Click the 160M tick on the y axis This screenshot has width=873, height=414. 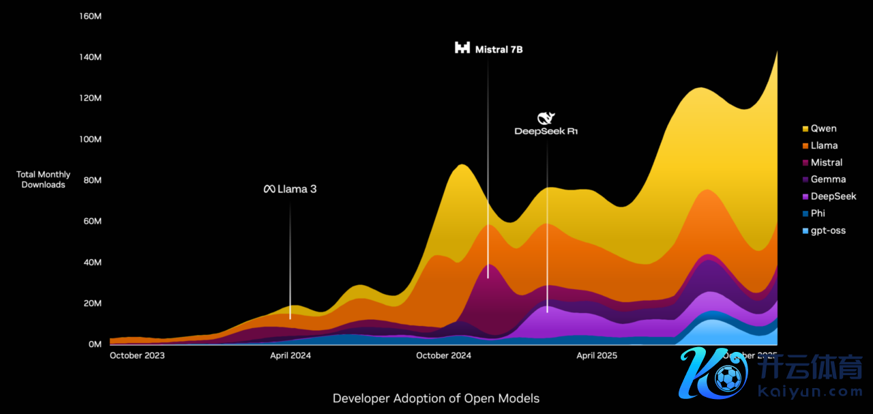click(x=91, y=16)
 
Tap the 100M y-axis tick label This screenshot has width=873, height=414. click(x=91, y=139)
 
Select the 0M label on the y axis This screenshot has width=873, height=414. click(x=95, y=344)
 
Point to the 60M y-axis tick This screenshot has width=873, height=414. click(x=93, y=222)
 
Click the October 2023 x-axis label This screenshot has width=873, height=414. click(x=137, y=355)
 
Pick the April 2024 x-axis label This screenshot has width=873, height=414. click(x=291, y=355)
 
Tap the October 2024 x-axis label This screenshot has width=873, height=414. click(x=443, y=355)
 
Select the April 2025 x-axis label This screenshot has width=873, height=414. click(x=597, y=355)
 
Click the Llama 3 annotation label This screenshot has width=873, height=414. click(x=290, y=189)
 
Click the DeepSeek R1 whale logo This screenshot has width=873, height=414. click(x=546, y=118)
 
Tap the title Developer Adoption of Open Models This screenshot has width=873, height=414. click(x=436, y=398)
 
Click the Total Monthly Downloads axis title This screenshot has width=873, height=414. click(x=44, y=179)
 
